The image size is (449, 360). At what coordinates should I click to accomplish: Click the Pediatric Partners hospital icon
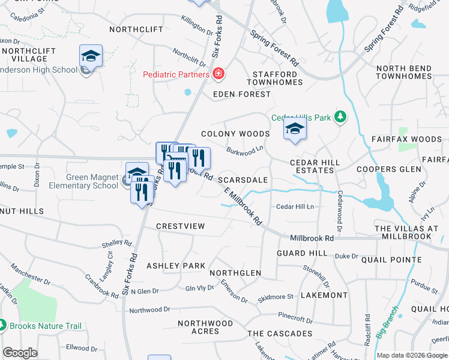coord(218,74)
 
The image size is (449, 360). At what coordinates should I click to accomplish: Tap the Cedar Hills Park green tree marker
coord(340,117)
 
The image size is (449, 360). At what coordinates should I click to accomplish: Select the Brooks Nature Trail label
coord(46,326)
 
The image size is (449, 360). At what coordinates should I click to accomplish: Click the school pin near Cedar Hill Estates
coord(295,130)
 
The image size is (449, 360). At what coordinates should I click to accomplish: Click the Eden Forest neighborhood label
coord(242,94)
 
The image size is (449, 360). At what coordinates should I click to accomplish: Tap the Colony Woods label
coord(235,134)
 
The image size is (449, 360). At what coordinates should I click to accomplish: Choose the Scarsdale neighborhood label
coord(243,179)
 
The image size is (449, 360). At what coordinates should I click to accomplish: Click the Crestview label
coord(180,226)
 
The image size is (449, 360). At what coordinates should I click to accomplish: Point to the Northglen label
coord(235,273)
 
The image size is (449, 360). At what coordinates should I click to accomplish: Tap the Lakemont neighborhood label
coord(324,295)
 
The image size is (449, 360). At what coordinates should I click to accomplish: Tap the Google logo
coord(20,353)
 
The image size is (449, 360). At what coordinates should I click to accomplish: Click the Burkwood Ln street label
coord(245,149)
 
